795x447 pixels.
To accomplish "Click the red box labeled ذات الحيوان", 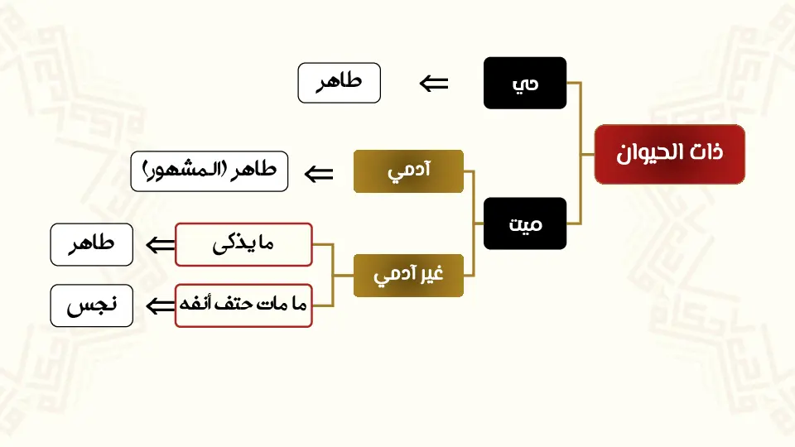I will point(669,154).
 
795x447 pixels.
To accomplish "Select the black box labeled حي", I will point(525,83).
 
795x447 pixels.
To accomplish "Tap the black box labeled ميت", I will point(525,223).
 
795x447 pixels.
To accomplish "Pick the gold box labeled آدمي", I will point(408,171).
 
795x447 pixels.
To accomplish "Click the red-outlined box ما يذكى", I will point(243,244).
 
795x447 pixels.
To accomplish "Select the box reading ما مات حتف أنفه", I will point(243,305).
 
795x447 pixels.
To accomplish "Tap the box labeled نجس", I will point(92,305).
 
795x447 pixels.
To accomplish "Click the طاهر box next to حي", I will point(339,84).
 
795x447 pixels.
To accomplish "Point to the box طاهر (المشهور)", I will point(210,171).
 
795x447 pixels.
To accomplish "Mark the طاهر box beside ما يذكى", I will point(92,245).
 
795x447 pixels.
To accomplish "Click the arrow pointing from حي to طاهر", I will point(434,84).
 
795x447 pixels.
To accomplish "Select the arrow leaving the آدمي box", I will point(320,174).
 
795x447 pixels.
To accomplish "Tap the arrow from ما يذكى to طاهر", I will point(161,245).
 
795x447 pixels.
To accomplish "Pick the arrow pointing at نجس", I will point(161,306).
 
